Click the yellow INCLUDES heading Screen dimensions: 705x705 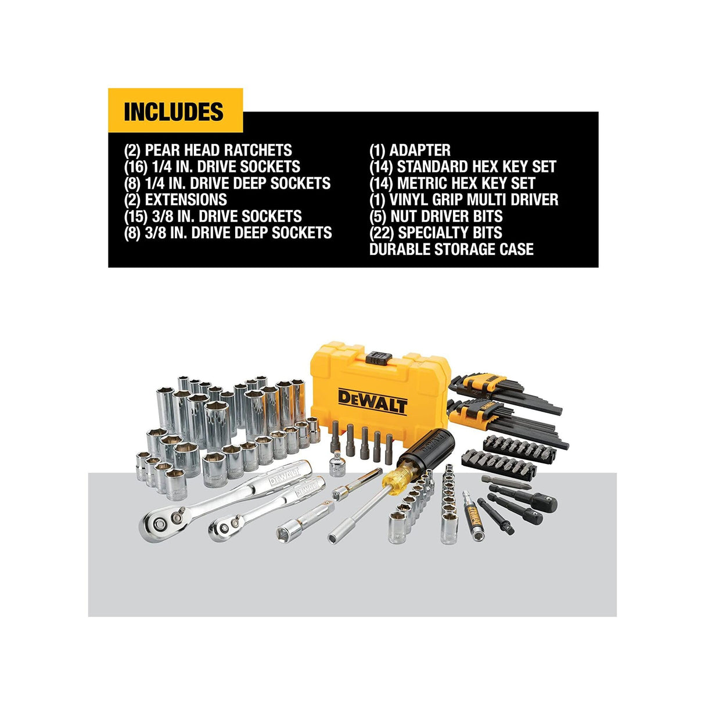point(174,111)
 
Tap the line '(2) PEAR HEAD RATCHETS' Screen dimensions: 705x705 point(208,150)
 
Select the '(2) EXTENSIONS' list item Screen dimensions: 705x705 point(175,200)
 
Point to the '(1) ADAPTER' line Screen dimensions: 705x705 point(409,150)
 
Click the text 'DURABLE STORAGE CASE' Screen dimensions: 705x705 point(451,250)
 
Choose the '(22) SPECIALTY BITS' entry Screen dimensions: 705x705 point(436,233)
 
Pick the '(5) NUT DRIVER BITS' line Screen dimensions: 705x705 point(436,217)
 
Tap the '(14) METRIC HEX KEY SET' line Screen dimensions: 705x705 point(452,184)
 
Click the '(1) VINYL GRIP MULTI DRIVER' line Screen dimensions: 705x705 point(463,200)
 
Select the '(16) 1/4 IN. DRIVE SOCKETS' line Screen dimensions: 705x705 point(212,167)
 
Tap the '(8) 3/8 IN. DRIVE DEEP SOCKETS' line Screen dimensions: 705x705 point(228,233)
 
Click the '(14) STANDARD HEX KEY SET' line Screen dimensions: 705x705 point(462,167)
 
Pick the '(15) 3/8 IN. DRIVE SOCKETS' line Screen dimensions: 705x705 point(213,217)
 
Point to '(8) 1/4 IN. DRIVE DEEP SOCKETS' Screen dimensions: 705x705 point(227,184)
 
